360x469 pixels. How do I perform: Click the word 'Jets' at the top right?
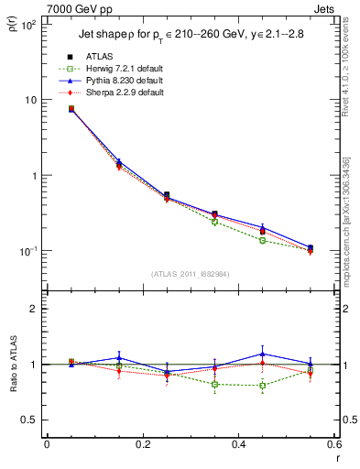click(326, 7)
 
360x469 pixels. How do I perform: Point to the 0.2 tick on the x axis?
click(142, 444)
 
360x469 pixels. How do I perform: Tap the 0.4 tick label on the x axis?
click(238, 444)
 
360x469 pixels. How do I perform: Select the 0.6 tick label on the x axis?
click(333, 444)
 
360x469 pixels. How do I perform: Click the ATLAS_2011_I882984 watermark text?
click(190, 273)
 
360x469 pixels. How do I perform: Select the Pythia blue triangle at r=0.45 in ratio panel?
click(262, 354)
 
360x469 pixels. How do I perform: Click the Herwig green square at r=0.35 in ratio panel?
click(214, 384)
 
